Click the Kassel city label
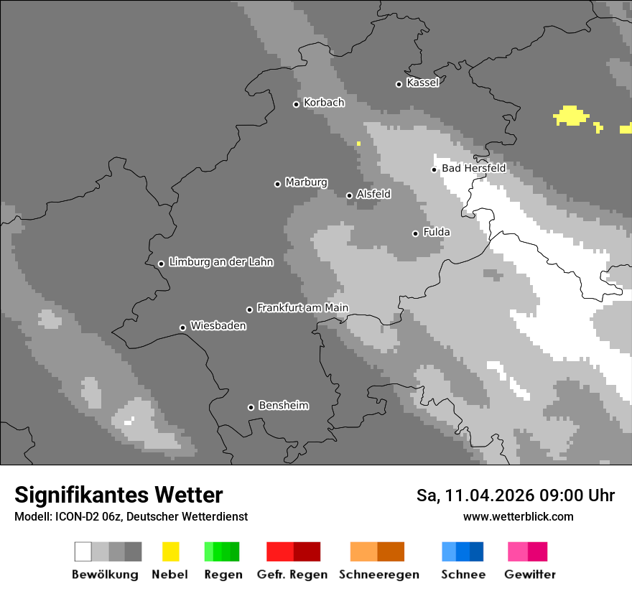click(422, 83)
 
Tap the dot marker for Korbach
click(296, 104)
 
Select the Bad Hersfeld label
click(473, 168)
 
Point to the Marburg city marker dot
click(277, 184)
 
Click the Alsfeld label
click(373, 194)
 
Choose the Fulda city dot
click(415, 233)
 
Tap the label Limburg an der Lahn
click(220, 262)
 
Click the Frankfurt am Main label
click(302, 307)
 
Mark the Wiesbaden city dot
click(182, 327)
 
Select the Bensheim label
click(283, 405)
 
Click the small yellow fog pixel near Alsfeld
click(358, 144)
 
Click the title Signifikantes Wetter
click(118, 495)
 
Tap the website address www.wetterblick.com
click(518, 516)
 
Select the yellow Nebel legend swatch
click(170, 551)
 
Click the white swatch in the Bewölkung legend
click(83, 551)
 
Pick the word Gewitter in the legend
click(530, 574)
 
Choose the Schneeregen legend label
click(378, 574)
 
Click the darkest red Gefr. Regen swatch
click(307, 551)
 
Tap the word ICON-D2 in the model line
click(70, 516)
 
